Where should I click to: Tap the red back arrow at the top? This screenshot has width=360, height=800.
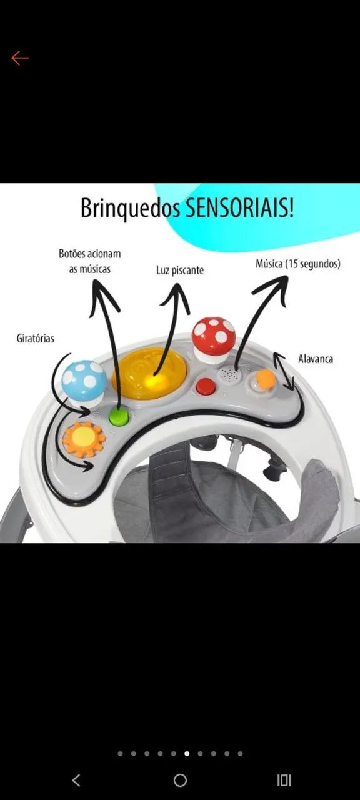[x=20, y=58]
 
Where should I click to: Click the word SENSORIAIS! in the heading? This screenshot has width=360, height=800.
[x=239, y=209]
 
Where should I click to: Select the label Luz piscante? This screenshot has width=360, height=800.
[x=180, y=271]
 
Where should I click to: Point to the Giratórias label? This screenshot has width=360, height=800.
[x=36, y=338]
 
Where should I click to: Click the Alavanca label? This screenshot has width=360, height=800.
[x=316, y=359]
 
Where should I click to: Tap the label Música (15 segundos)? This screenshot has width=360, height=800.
[x=298, y=264]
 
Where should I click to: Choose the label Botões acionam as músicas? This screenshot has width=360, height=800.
[x=89, y=261]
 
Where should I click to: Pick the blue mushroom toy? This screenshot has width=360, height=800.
[x=84, y=381]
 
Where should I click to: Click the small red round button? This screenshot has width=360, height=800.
[x=206, y=386]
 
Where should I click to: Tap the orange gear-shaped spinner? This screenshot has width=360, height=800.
[x=84, y=439]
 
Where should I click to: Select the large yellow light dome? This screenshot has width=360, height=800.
[x=149, y=374]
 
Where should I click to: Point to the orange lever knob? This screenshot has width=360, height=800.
[x=266, y=379]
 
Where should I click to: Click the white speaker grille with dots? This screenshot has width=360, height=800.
[x=229, y=376]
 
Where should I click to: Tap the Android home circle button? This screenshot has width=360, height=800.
[x=180, y=781]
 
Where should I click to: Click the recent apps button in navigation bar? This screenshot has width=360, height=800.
[x=284, y=781]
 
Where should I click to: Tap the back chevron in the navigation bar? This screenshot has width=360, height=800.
[x=76, y=781]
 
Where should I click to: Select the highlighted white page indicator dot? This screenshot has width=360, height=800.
[x=187, y=754]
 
